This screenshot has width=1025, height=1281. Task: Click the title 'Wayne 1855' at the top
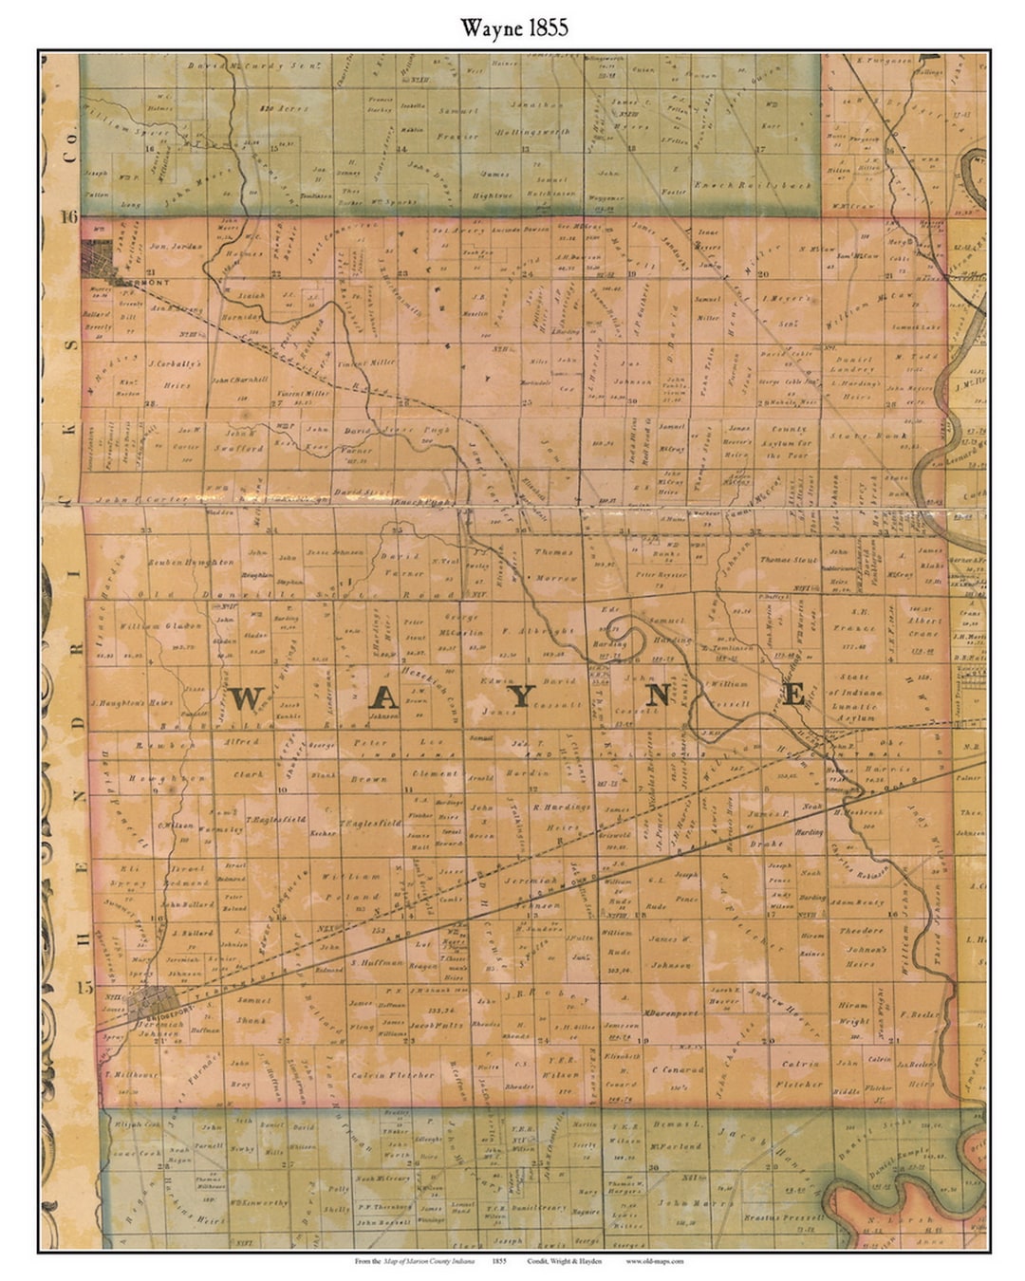514,28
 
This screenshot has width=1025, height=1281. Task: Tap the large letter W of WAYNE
245,698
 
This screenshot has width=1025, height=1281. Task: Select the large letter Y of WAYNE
520,696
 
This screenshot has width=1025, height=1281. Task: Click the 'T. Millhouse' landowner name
131,1074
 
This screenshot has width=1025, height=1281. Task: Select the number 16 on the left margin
67,217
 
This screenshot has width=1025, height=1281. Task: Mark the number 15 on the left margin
84,988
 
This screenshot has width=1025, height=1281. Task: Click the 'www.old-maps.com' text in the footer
655,1261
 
